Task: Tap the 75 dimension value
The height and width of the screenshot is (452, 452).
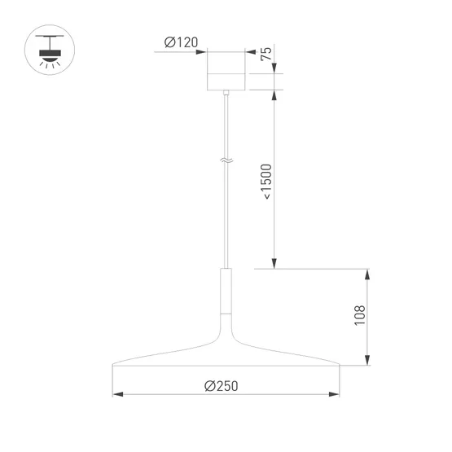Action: (x=265, y=54)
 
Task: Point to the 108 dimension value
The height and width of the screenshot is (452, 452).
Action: (x=359, y=316)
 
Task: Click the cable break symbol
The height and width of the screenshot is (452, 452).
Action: (x=226, y=162)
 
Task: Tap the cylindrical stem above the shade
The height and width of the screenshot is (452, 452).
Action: (x=226, y=290)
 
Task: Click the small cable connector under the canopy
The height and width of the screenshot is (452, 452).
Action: (x=226, y=95)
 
